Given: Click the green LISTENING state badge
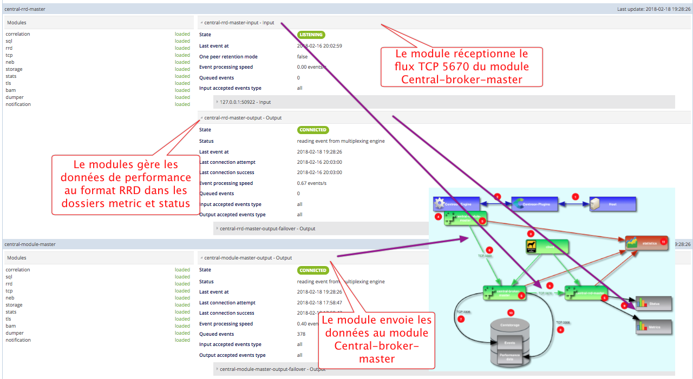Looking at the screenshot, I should click(x=311, y=35).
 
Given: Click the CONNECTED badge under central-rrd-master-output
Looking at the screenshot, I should click(x=313, y=130).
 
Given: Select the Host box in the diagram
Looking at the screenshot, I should click(x=612, y=204).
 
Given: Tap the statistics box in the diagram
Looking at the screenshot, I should click(x=645, y=243).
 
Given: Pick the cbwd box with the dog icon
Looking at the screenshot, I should click(x=547, y=247).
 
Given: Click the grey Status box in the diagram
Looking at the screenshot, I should click(x=653, y=304).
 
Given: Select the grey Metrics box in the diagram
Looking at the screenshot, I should click(x=653, y=327).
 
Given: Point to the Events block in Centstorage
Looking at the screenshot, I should click(x=506, y=342).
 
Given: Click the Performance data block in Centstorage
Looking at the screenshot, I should click(x=506, y=357).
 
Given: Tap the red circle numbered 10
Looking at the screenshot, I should click(x=510, y=313).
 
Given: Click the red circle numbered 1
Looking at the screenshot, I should click(x=576, y=197).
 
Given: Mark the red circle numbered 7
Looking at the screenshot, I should click(x=461, y=319).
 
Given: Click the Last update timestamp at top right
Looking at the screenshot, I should click(x=654, y=9).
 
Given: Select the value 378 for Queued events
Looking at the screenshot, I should click(x=302, y=334).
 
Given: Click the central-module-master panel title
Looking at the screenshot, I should click(x=30, y=244).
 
